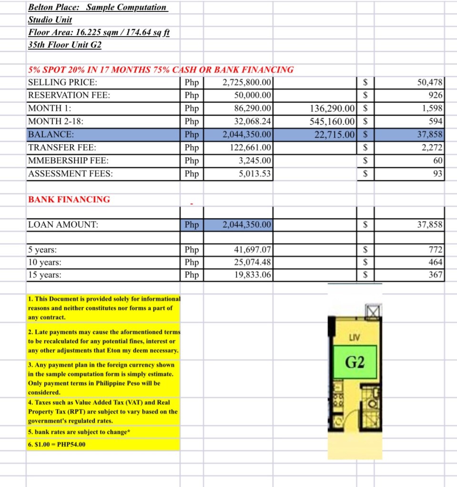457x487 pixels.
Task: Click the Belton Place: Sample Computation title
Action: pyautogui.click(x=97, y=8)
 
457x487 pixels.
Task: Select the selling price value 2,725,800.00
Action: pyautogui.click(x=247, y=82)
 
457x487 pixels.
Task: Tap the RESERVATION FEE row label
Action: pyautogui.click(x=69, y=95)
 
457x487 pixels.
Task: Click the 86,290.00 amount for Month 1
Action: pyautogui.click(x=253, y=108)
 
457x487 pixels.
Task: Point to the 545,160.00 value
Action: pyautogui.click(x=333, y=121)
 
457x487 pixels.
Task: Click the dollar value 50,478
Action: pyautogui.click(x=430, y=82)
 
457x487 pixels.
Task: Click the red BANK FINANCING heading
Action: pyautogui.click(x=69, y=199)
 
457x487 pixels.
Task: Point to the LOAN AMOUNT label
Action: pyautogui.click(x=63, y=225)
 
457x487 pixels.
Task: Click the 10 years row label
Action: pyautogui.click(x=45, y=262)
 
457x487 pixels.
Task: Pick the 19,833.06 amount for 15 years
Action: pyautogui.click(x=253, y=275)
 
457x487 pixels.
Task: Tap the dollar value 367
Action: pyautogui.click(x=436, y=275)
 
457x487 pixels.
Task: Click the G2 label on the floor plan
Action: pyautogui.click(x=355, y=363)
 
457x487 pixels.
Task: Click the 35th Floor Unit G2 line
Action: pyautogui.click(x=65, y=45)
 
